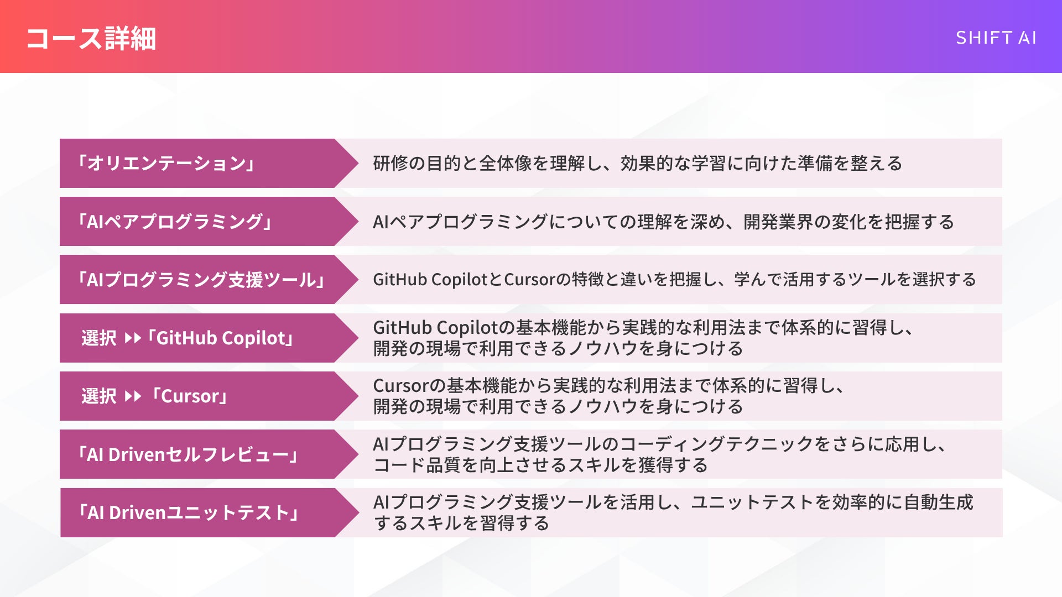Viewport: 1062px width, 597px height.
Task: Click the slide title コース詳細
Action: (91, 39)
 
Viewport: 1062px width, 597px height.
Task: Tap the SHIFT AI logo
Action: (996, 38)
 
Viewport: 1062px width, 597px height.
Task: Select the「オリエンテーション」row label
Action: (166, 163)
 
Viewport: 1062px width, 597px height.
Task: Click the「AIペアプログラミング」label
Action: (175, 222)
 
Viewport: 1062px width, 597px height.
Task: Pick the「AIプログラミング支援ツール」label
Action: (201, 280)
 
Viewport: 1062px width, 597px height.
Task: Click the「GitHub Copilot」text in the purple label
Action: (221, 338)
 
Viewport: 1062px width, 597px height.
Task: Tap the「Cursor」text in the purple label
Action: (189, 396)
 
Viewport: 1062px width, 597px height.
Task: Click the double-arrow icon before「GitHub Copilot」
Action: (133, 338)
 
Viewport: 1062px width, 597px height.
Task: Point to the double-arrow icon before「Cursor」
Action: (133, 396)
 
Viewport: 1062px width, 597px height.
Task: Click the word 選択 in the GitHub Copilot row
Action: (99, 338)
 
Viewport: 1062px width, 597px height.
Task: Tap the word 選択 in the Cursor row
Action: (99, 396)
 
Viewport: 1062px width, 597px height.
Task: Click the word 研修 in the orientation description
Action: (391, 163)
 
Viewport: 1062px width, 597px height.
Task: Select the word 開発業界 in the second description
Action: (778, 222)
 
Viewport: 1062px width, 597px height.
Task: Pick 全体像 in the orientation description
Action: (506, 163)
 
